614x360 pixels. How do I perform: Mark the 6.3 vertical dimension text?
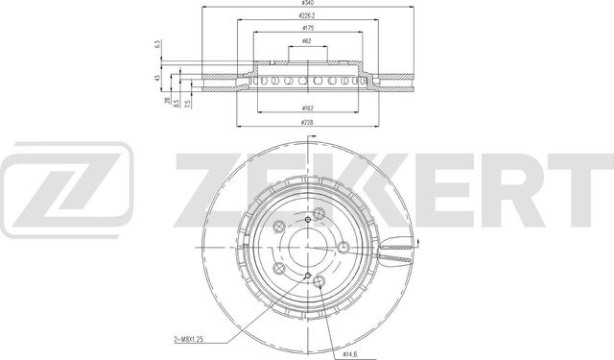[157, 45]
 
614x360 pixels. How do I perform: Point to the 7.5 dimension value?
[189, 100]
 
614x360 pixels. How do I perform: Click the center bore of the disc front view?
[307, 251]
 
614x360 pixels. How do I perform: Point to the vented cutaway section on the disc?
[395, 254]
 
